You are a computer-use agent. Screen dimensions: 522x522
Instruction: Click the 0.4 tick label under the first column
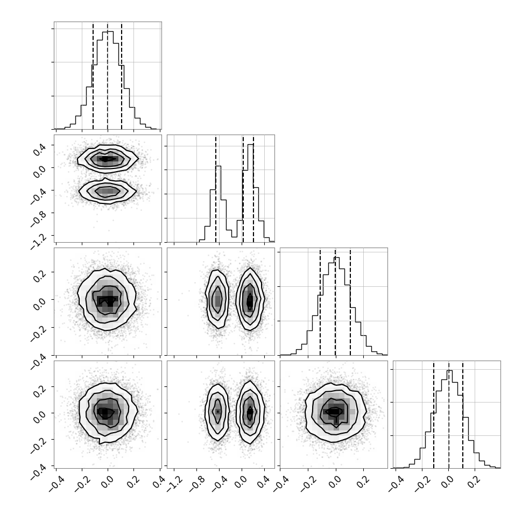[x=158, y=482]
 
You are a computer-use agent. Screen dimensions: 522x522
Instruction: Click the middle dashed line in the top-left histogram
[x=108, y=75]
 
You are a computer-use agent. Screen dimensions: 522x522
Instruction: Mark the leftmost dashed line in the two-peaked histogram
[x=216, y=189]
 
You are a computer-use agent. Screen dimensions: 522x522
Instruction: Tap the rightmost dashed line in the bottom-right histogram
[x=463, y=414]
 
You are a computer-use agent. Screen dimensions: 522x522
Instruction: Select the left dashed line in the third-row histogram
[x=320, y=301]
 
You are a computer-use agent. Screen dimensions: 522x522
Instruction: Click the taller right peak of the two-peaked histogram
[x=251, y=144]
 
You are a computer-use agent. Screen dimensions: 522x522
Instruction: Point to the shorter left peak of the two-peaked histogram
[x=218, y=166]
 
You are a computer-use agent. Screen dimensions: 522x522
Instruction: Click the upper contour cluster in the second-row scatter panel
[x=107, y=159]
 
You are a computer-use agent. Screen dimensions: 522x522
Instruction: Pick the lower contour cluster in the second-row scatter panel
[x=107, y=191]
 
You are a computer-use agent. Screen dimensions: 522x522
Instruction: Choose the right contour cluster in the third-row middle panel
[x=250, y=299]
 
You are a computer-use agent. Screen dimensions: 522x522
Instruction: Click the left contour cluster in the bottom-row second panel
[x=217, y=412]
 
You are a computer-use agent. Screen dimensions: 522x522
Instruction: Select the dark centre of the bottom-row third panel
[x=335, y=412]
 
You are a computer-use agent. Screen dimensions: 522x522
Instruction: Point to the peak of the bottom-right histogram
[x=449, y=371]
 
